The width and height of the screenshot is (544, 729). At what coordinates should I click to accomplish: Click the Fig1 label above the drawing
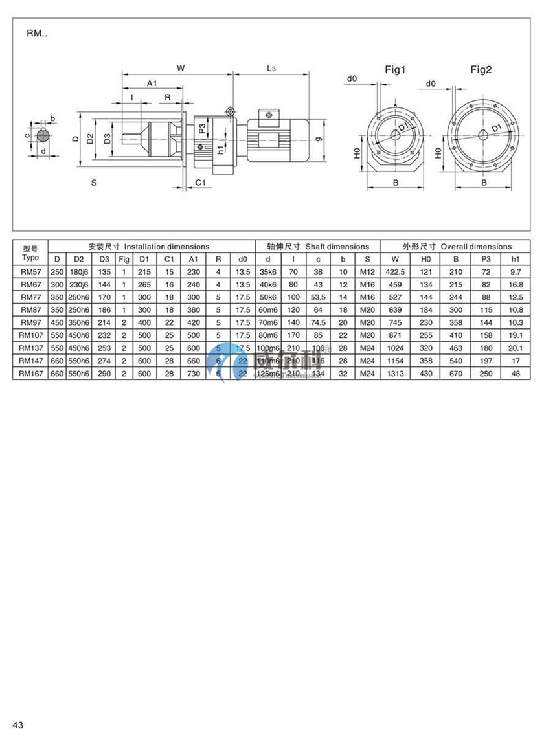point(395,69)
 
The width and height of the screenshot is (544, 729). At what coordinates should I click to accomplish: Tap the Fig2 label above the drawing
point(481,69)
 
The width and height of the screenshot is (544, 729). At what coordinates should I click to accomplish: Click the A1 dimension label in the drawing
point(152,84)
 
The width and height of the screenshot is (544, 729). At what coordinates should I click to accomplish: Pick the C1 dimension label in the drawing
point(201,183)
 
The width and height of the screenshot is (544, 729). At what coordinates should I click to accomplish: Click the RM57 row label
point(30,272)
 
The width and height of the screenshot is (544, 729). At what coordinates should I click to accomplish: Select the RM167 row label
point(30,374)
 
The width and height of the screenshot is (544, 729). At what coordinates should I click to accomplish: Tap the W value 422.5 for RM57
point(395,272)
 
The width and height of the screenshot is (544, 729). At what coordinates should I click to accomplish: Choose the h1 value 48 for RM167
point(516,374)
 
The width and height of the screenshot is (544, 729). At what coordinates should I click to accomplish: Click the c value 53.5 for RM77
point(318,297)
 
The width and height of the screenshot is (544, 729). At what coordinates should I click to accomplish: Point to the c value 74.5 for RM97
point(318,322)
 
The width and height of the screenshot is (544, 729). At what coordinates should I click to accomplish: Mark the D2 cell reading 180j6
point(79,272)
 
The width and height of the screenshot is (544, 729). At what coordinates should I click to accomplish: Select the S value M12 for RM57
point(367,272)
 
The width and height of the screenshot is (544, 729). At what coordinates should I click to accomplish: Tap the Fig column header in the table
point(124,259)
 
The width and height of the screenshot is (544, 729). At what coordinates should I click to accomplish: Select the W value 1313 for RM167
point(395,374)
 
